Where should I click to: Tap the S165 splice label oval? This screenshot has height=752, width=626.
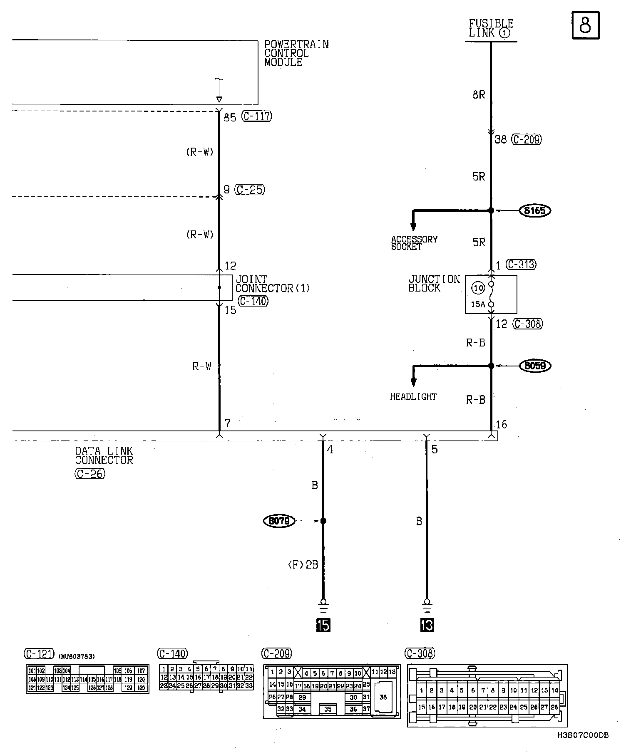(x=535, y=211)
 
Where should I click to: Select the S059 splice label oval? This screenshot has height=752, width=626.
(x=535, y=366)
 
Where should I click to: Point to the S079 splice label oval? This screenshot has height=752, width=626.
(x=279, y=521)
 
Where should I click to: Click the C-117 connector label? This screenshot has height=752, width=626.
(x=257, y=116)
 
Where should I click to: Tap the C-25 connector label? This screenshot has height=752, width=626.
(x=250, y=190)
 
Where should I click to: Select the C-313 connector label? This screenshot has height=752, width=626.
(x=521, y=265)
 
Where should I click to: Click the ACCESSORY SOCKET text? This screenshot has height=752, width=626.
(x=414, y=243)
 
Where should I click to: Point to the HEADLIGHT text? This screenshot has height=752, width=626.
(x=413, y=397)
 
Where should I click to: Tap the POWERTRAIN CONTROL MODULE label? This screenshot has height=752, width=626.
(x=296, y=53)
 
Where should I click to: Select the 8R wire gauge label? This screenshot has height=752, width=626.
(x=479, y=95)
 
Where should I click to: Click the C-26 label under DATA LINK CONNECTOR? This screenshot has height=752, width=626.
(x=90, y=473)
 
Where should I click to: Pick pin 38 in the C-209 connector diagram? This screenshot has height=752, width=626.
(x=383, y=697)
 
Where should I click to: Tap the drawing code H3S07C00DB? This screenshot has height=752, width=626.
(x=583, y=735)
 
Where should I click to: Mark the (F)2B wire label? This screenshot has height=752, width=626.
(x=303, y=564)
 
